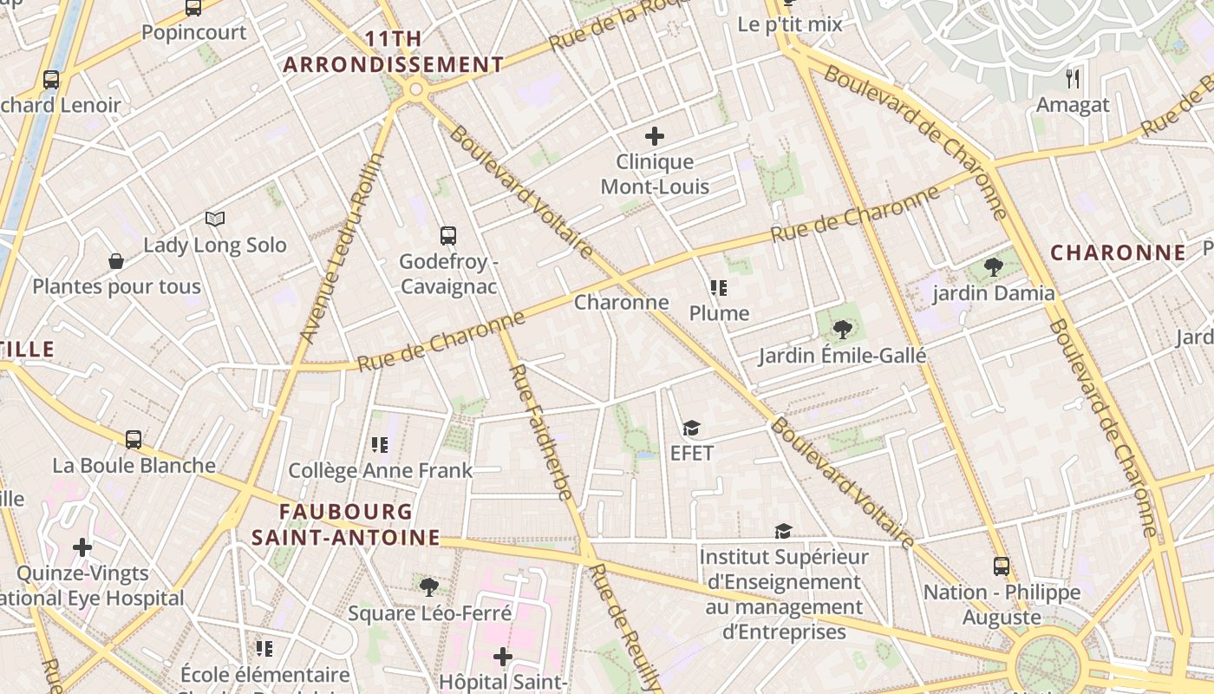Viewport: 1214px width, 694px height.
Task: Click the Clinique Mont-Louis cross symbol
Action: click(655, 136)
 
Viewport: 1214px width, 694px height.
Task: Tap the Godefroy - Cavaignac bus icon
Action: click(448, 235)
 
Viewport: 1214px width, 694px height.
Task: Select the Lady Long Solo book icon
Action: click(214, 219)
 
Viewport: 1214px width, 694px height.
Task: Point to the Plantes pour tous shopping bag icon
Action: click(115, 261)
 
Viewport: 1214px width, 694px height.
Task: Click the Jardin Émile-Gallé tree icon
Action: click(841, 330)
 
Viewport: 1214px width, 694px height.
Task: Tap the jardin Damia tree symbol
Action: click(994, 267)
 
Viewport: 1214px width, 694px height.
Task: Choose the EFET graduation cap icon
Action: click(691, 428)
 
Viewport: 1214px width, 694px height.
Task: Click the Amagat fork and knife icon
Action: click(1074, 79)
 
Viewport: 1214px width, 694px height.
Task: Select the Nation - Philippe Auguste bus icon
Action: click(1002, 566)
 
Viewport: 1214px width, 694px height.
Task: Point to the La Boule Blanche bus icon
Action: click(134, 440)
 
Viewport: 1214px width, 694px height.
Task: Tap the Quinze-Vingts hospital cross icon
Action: click(82, 547)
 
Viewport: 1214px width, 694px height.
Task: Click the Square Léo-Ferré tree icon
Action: click(428, 587)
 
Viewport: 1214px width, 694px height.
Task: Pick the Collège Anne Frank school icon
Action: click(380, 445)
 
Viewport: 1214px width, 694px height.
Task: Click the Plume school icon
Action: click(718, 287)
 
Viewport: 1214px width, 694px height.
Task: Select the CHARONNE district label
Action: click(1118, 252)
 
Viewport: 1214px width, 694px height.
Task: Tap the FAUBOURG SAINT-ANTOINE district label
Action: click(346, 524)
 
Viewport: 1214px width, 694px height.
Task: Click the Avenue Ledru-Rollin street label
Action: click(341, 247)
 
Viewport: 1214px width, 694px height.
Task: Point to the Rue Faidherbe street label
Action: click(540, 432)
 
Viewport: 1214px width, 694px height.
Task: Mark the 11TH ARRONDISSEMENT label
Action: click(394, 52)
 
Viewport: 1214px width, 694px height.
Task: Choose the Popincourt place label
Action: click(193, 33)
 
